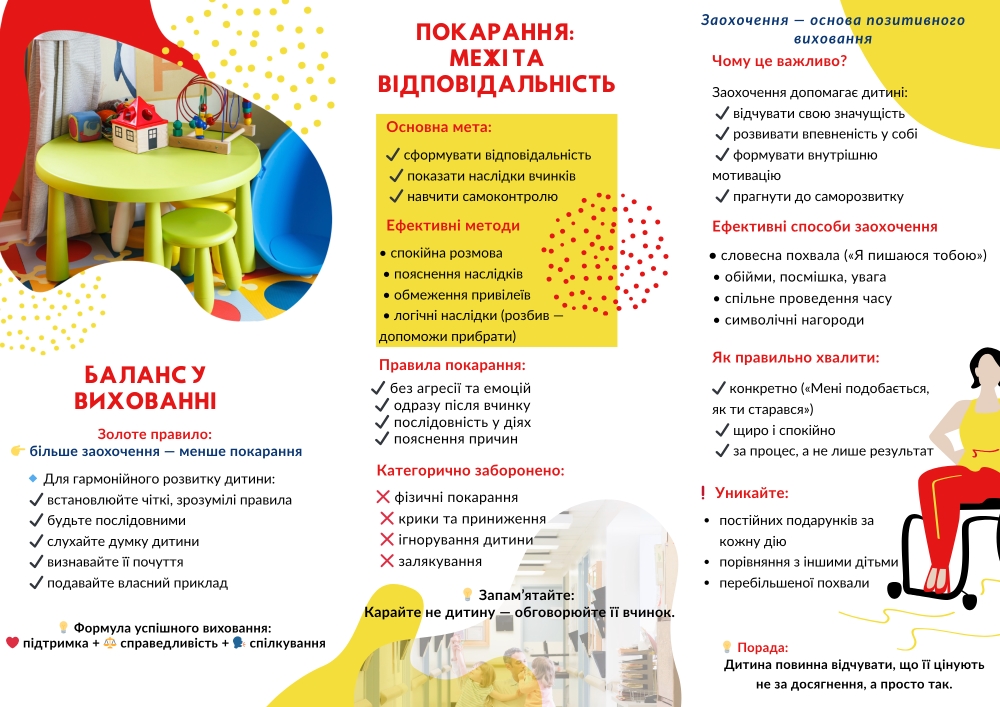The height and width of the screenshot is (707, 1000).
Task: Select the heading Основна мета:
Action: tap(439, 128)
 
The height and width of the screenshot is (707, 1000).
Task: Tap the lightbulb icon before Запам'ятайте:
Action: tap(468, 594)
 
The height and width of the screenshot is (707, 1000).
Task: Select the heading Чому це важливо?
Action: tap(780, 61)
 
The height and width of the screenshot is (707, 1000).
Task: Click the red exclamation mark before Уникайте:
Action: tap(703, 493)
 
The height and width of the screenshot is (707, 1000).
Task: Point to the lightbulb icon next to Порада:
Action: tap(727, 647)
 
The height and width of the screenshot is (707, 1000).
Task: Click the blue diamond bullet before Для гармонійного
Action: tap(33, 478)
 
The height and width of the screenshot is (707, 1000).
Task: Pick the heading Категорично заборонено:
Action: tap(471, 470)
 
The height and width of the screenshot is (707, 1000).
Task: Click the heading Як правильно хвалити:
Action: tap(796, 357)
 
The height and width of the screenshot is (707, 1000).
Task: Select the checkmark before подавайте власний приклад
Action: tap(36, 583)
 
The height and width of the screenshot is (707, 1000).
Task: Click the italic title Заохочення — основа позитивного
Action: tap(833, 20)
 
